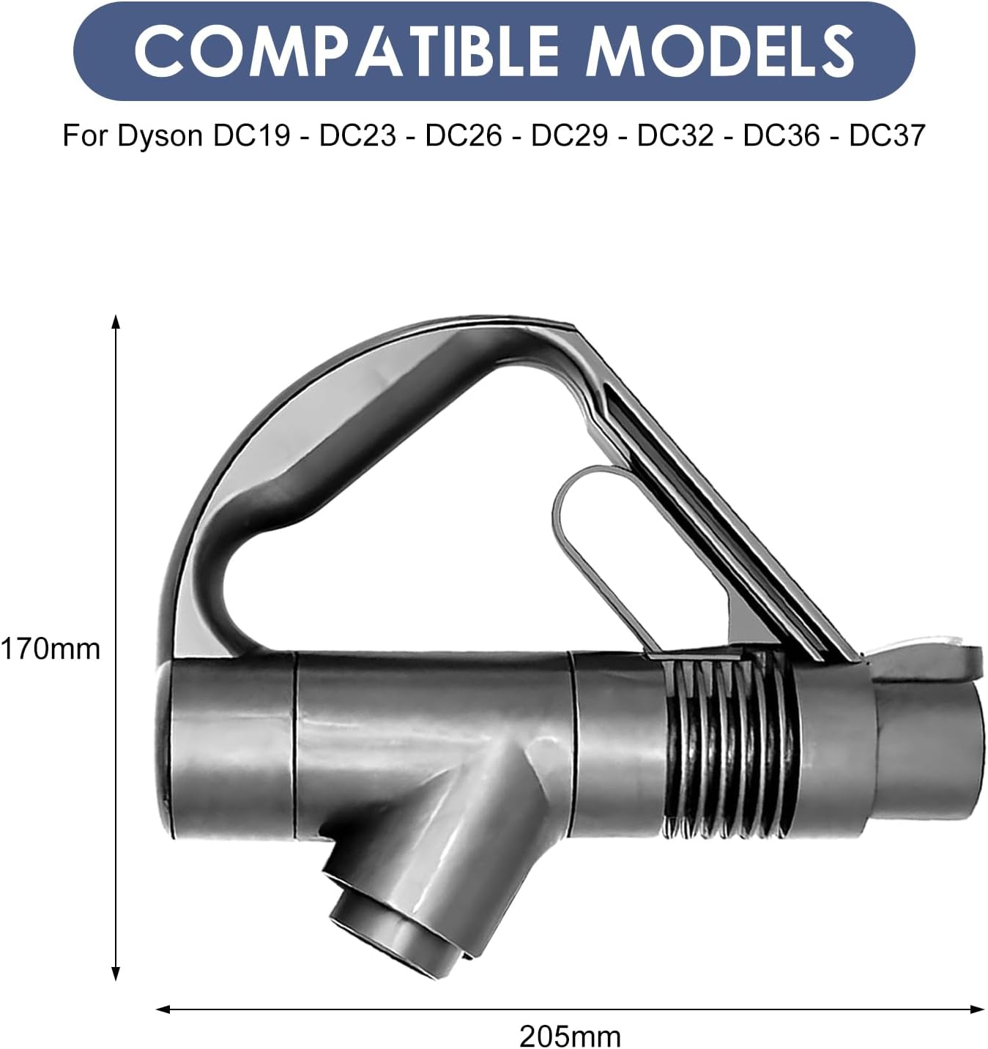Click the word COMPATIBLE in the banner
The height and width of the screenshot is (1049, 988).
click(346, 51)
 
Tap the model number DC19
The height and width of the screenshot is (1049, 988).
click(252, 135)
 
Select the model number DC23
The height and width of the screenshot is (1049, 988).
click(357, 135)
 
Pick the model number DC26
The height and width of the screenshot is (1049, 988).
click(464, 135)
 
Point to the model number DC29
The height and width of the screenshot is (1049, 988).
click(569, 135)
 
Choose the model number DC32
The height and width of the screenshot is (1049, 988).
click(675, 135)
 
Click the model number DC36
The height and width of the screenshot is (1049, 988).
click(782, 135)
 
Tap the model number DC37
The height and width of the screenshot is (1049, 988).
click(888, 135)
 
